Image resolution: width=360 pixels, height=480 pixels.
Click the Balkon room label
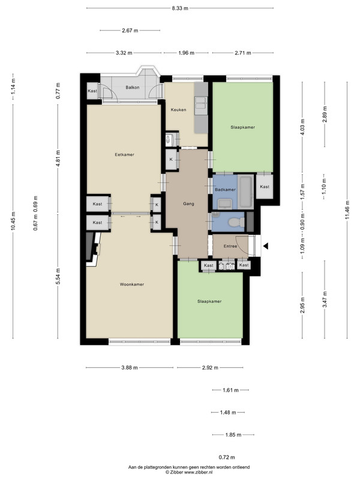(132, 87)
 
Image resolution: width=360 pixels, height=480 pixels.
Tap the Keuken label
(178, 110)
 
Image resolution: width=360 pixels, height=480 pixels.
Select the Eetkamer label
(125, 155)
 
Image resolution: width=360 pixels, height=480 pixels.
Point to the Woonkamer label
(132, 284)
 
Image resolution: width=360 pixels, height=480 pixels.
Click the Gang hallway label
(188, 203)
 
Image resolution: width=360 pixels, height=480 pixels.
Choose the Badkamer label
(226, 190)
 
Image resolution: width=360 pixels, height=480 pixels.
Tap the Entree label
(230, 246)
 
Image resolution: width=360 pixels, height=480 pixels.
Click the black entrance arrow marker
(266, 246)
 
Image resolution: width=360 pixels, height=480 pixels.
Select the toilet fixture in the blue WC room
(237, 222)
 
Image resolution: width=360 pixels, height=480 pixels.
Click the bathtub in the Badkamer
(245, 192)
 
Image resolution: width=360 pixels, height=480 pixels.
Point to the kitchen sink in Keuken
(201, 103)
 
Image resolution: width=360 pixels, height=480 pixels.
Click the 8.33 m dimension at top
(180, 8)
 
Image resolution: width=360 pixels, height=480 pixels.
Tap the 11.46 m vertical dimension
(347, 210)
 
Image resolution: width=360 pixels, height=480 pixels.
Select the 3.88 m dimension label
(130, 368)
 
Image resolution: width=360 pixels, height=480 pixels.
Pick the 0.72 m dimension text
(227, 457)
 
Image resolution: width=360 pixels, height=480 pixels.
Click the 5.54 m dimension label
(58, 276)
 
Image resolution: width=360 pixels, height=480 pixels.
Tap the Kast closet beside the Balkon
(92, 91)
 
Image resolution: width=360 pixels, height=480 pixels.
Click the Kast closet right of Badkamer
(265, 187)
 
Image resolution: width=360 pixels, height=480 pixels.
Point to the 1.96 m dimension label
(186, 53)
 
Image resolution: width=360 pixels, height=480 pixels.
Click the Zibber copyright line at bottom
(189, 472)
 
